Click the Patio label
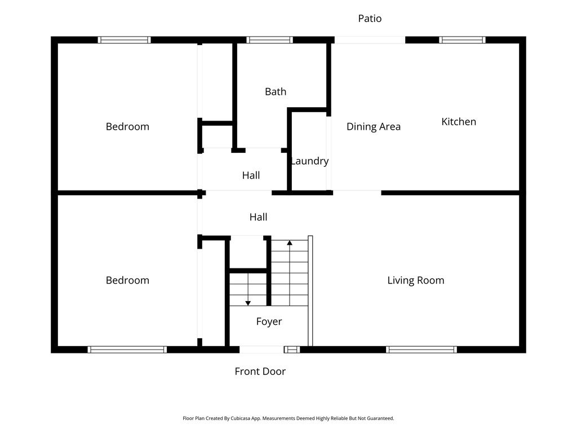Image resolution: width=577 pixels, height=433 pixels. point(370,19)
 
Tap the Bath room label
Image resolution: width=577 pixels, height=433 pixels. point(276,91)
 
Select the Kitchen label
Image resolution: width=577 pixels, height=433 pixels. point(458,121)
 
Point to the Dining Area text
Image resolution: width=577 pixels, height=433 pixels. point(373,126)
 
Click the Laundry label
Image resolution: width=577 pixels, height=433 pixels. point(309,161)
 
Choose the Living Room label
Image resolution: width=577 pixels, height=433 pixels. point(415,280)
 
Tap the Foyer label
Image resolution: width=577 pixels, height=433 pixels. point(269,321)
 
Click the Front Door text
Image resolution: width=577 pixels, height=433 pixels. point(260,371)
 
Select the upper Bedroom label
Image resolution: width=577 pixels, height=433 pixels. point(127,126)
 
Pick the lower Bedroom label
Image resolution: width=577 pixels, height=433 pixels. point(127,280)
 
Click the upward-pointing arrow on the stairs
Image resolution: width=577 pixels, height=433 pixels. point(290,242)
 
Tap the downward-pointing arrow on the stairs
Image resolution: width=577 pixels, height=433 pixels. point(248,303)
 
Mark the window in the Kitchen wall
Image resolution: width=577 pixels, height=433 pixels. point(462,40)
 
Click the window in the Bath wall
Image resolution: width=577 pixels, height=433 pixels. point(269,40)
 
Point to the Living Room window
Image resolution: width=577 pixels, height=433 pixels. point(421,350)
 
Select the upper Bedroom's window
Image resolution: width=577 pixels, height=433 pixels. point(124,40)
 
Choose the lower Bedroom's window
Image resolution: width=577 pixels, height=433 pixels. point(127,350)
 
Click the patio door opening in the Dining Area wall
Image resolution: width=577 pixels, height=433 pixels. point(370,40)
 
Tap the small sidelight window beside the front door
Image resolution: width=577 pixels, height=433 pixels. point(291,350)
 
